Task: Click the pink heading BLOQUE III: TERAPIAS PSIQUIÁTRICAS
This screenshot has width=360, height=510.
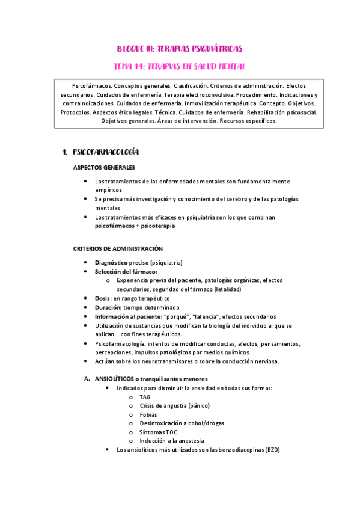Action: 180,48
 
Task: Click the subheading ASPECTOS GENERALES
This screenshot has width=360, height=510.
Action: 104,167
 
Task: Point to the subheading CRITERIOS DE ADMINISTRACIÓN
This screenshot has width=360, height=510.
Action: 118,248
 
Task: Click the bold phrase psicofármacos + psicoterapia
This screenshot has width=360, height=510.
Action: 135,226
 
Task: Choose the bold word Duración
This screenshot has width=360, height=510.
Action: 108,307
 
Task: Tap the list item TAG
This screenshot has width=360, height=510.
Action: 145,397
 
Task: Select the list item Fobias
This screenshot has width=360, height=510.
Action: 148,414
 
